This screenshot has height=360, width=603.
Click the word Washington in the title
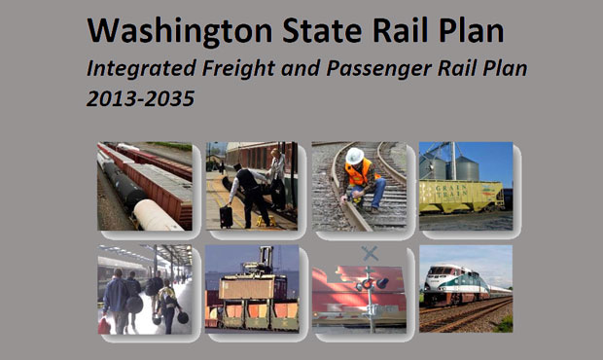pos(180,31)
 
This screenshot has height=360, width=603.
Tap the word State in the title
pos(322,31)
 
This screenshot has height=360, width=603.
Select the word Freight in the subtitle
pos(238,69)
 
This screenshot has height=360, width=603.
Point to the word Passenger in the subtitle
pos(378,69)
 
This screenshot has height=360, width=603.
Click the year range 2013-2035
pos(141,98)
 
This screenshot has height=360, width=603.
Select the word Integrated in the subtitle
pos(141,69)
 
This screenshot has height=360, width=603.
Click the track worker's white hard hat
pos(354,156)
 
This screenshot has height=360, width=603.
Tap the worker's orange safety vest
pos(359,173)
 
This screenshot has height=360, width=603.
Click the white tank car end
pos(153,215)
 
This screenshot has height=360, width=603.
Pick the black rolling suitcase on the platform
pos(226,216)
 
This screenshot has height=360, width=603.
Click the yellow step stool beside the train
pos(266,221)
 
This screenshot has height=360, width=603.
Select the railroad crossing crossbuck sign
pos(370,254)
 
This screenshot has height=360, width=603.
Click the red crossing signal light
pos(368,284)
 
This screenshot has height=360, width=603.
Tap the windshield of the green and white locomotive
pos(438,271)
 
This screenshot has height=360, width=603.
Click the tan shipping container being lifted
pos(247,288)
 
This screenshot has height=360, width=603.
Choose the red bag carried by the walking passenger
pos(104,325)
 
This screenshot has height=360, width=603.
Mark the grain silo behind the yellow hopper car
pos(467,167)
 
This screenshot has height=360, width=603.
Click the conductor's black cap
pos(237,166)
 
